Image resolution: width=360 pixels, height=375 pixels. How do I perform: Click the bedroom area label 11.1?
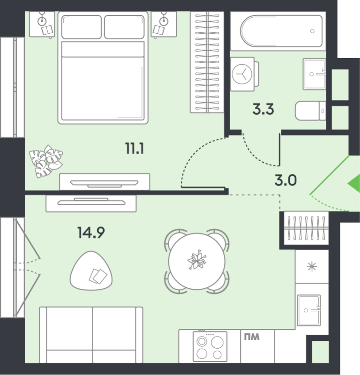[x=135, y=148]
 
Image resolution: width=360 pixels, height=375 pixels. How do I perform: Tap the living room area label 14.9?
[x=91, y=232]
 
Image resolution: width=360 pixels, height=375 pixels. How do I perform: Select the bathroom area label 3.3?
[x=263, y=109]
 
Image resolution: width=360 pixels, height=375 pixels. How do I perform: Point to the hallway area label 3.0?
[x=285, y=180]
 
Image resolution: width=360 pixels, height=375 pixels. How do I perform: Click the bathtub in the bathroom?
[x=281, y=31]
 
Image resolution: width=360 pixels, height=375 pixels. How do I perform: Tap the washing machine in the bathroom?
[x=244, y=74]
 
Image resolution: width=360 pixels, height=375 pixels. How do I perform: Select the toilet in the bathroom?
[x=310, y=111]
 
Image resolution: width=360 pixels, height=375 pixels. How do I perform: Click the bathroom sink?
[x=315, y=74]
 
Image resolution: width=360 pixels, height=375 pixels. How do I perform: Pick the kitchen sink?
[x=308, y=310]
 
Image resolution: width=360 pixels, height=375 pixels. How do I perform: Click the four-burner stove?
[x=210, y=346]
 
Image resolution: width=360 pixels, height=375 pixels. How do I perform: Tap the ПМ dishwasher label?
[x=252, y=337]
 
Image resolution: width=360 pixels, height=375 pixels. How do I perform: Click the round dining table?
[x=197, y=261]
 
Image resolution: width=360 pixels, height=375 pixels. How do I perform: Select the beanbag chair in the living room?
[x=91, y=271]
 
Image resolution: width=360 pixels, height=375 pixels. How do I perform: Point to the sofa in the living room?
[x=91, y=335]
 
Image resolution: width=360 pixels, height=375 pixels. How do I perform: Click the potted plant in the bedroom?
[x=46, y=161]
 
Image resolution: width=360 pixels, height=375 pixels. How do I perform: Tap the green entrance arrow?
[x=354, y=183]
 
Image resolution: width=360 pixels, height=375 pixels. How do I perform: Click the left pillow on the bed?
[x=82, y=27]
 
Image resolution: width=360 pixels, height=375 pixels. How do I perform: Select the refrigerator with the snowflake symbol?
[x=312, y=267]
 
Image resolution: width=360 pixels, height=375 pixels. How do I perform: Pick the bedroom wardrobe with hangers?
[x=207, y=62]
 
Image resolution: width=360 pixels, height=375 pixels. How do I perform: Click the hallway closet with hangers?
[x=306, y=228]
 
